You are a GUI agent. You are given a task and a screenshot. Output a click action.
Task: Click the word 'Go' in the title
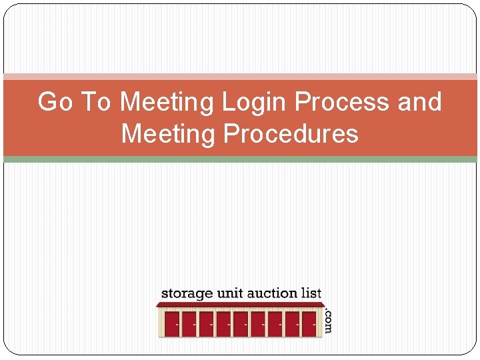point(55,103)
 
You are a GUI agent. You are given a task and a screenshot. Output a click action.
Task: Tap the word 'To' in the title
point(96,103)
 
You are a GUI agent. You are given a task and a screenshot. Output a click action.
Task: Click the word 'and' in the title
point(419,103)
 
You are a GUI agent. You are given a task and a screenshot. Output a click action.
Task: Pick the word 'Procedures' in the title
point(291,134)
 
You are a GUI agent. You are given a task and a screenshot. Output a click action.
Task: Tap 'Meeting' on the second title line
point(169,134)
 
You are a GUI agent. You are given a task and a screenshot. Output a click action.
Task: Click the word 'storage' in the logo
point(187,294)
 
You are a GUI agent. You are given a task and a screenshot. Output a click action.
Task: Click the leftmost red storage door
point(172,324)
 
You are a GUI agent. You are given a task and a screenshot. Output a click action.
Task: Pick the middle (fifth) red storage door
point(240,324)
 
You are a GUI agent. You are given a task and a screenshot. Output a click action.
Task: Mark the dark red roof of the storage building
point(240,305)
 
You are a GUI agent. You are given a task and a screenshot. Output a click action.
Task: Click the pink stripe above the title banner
point(240,77)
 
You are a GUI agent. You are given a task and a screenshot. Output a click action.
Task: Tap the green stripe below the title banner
point(240,159)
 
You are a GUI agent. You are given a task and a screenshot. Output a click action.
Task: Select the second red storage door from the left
point(189,324)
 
